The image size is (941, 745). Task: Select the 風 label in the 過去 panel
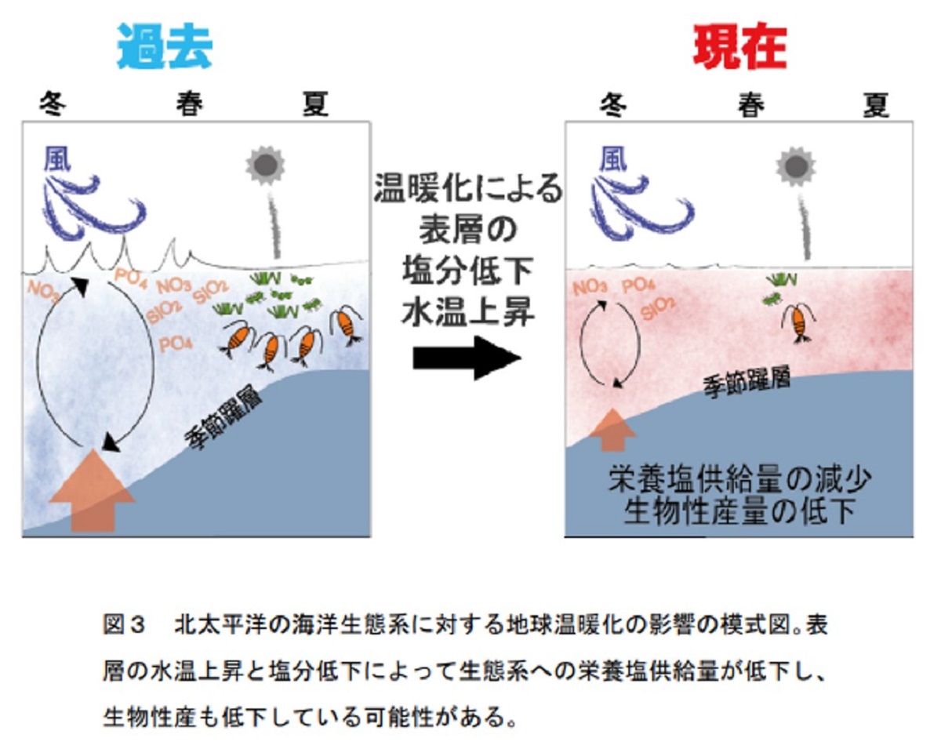pos(57,159)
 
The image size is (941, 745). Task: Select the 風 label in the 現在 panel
pos(613,159)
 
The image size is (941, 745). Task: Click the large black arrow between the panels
pos(467,358)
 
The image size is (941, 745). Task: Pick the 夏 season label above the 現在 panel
pos(876,104)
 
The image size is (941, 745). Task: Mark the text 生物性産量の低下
pos(739,512)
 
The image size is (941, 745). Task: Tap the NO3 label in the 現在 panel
pos(590,287)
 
